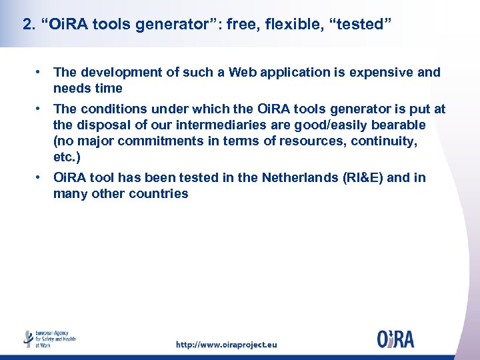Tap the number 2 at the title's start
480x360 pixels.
pos(27,25)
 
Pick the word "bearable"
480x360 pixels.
pos(395,125)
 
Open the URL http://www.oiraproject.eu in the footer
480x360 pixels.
pos(226,345)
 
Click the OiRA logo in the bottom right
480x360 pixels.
pos(395,339)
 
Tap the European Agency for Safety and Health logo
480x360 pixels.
pos(50,339)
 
